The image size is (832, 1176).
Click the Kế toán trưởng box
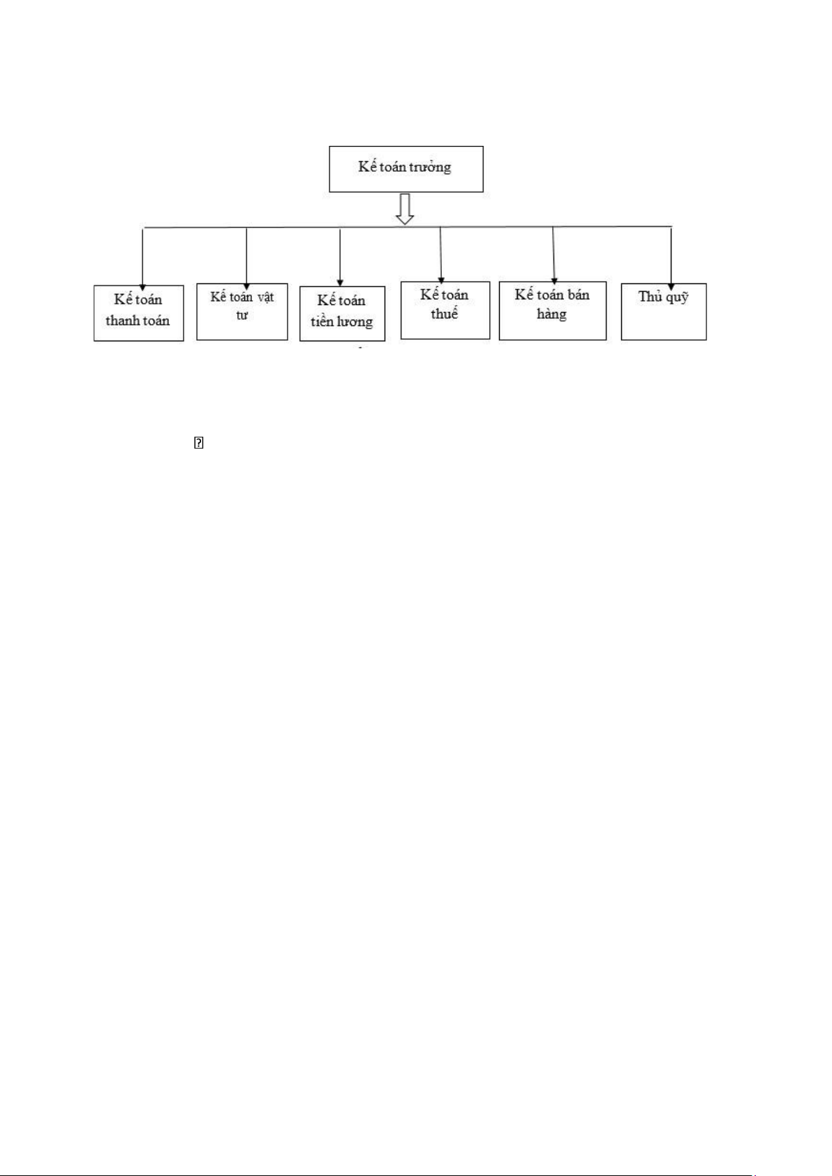pos(406,169)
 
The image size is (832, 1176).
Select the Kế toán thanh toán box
pos(138,313)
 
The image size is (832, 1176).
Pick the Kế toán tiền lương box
pos(342,313)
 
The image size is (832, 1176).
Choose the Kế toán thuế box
pos(445,310)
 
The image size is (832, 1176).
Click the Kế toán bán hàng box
pos(552,311)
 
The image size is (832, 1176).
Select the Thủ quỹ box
pos(663,311)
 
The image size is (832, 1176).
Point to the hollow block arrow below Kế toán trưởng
pos(405,209)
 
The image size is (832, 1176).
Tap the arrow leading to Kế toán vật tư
pos(246,255)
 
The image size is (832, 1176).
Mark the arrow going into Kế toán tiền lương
pos(340,257)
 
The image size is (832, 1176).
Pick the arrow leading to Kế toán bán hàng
pos(554,255)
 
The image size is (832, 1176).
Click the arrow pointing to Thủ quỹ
pos(671,255)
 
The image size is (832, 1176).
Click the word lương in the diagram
pos(355,322)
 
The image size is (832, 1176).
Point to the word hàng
pos(551,315)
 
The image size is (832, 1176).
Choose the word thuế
pos(444,314)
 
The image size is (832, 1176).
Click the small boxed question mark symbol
pos(198,442)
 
